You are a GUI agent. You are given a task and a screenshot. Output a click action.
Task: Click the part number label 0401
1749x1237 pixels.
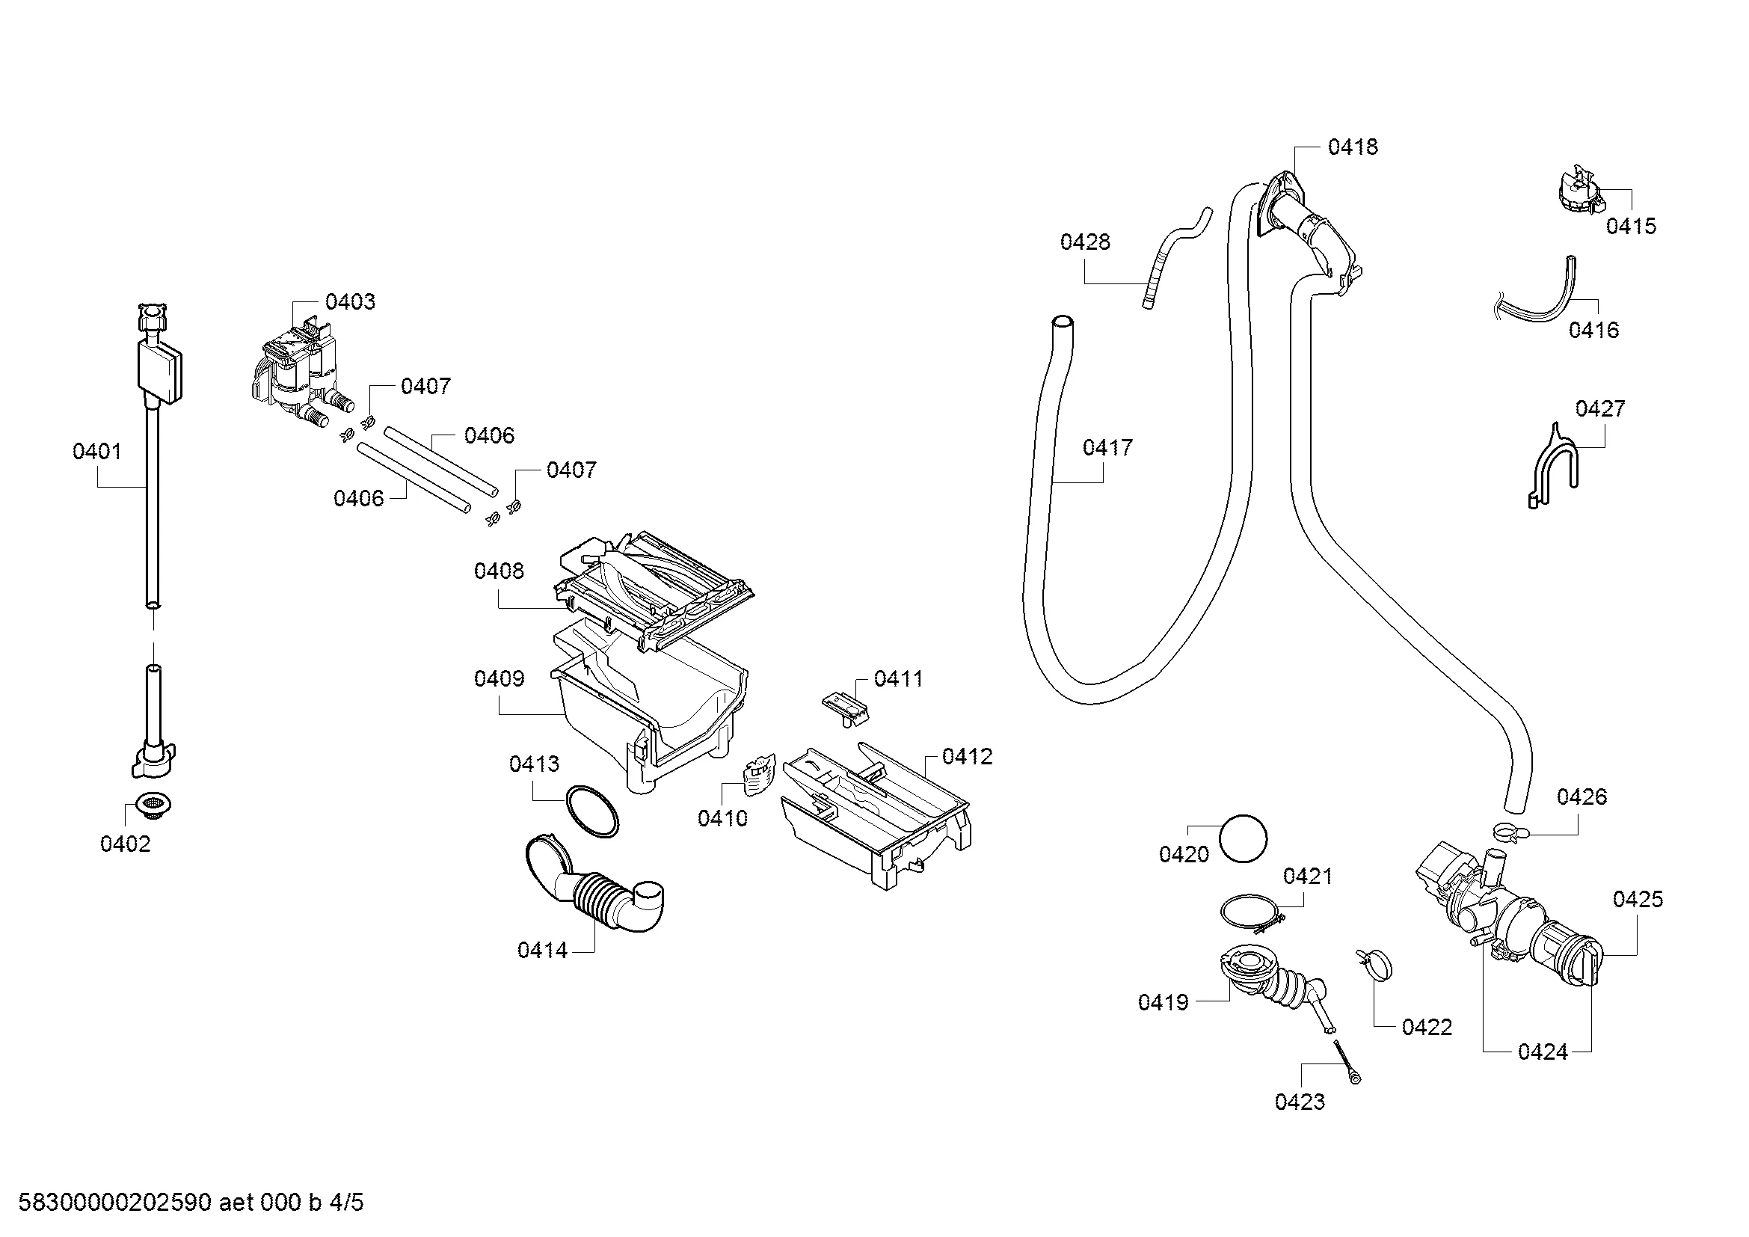[x=96, y=452]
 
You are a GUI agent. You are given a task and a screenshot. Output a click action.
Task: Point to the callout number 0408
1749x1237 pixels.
[x=499, y=571]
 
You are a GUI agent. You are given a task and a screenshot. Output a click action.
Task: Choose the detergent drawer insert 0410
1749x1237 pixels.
[x=758, y=775]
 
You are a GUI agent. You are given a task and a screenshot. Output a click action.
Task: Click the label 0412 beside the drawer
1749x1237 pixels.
[x=968, y=756]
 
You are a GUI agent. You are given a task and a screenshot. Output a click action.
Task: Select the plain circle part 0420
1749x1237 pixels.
[x=1244, y=838]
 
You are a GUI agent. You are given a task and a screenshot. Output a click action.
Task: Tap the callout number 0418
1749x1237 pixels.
[x=1353, y=147]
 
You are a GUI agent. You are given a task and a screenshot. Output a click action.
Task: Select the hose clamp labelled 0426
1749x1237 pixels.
[x=1506, y=832]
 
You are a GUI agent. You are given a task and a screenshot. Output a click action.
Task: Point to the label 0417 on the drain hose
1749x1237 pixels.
[x=1107, y=447]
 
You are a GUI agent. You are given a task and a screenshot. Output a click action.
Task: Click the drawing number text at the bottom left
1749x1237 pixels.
[x=191, y=1203]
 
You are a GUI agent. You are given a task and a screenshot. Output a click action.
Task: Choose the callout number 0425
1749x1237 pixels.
[x=1638, y=900]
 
